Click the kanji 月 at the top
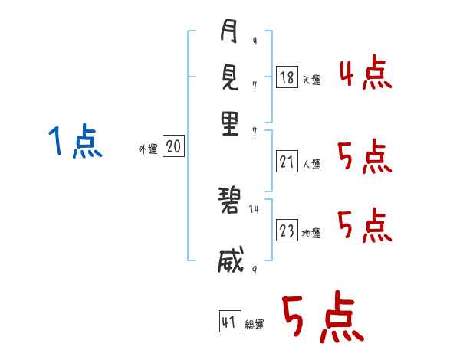[229, 33]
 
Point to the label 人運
[311, 164]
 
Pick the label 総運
[255, 325]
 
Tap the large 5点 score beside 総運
[322, 319]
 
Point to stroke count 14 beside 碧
[254, 208]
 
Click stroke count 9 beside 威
[254, 270]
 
